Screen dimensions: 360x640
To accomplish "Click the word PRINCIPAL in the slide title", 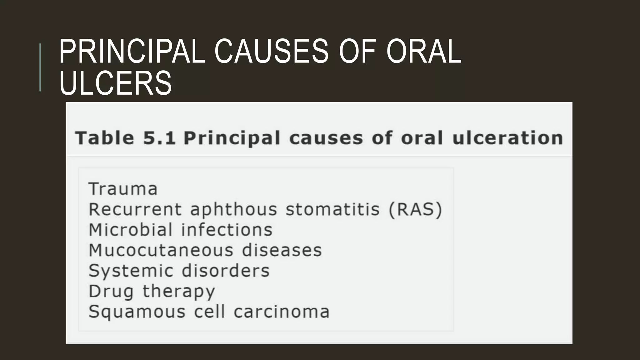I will coord(132,51).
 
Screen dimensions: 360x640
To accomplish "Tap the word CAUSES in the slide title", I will coord(271,51).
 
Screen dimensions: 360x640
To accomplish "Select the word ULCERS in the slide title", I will coord(115,83).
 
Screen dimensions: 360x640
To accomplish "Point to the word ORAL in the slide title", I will coord(423,51).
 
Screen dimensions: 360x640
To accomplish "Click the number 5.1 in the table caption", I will coord(159,138).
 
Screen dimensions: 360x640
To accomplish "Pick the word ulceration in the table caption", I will coord(508,138).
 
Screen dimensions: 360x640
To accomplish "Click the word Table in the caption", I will coord(105,138).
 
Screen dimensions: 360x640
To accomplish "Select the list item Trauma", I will coord(123,189).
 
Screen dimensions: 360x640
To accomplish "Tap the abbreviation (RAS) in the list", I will coord(416,209).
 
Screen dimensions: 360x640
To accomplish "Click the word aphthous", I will coord(233,209).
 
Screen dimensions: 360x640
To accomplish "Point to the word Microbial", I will coord(131,230).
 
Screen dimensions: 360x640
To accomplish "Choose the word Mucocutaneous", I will coord(161,250).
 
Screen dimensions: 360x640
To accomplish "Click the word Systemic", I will coord(131,271).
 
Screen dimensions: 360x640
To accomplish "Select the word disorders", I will coord(225,271).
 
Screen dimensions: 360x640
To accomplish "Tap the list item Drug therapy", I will coord(152,291).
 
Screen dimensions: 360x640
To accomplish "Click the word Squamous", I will coord(137,312).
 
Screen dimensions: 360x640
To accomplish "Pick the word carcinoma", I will coord(282,312).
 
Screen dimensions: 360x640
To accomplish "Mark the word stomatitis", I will coord(332,209).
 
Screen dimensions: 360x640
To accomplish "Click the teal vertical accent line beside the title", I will coord(40,67).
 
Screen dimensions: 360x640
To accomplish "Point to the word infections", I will coord(227,230).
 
